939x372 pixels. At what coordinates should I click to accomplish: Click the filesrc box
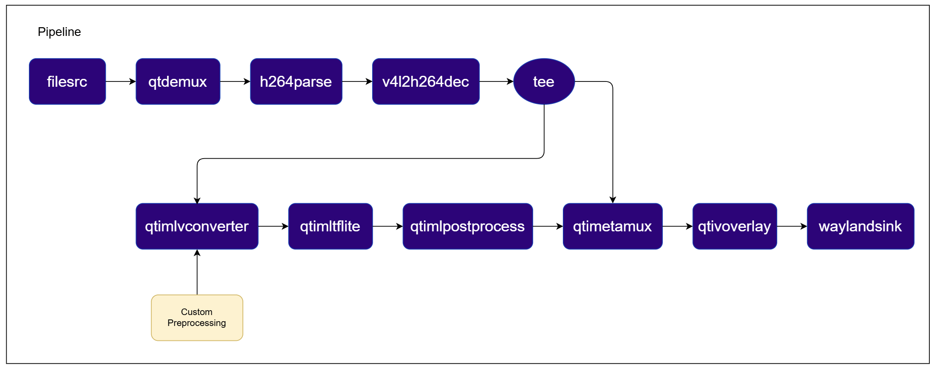coord(68,81)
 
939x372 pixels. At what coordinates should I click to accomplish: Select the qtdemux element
coord(178,81)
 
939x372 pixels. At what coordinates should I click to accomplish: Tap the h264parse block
coord(296,81)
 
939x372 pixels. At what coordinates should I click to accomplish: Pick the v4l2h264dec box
coord(426,81)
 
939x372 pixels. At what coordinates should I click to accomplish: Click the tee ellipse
coord(544,81)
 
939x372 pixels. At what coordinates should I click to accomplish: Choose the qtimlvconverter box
coord(197,227)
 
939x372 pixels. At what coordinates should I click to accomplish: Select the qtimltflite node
coord(331,227)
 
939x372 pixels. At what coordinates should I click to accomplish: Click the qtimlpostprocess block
coord(468,227)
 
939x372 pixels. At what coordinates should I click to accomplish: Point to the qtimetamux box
coord(613,227)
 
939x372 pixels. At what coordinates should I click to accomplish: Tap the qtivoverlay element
coord(735,227)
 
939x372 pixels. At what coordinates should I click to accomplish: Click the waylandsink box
coord(861,227)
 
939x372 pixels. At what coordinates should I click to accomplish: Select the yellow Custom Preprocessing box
coord(197,318)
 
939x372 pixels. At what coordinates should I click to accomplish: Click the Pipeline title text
coord(59,32)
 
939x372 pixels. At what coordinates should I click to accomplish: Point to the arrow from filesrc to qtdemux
coord(121,81)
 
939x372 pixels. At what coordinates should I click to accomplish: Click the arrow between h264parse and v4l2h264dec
coord(357,81)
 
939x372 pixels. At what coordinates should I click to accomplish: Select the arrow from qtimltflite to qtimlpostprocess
coord(388,227)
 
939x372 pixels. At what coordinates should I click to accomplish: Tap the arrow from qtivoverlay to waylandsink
coord(792,227)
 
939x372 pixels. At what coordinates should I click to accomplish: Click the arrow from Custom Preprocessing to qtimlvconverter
coord(197,272)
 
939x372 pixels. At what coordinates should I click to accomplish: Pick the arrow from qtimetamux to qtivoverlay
coord(678,227)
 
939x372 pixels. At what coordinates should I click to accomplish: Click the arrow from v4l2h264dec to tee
coord(497,81)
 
